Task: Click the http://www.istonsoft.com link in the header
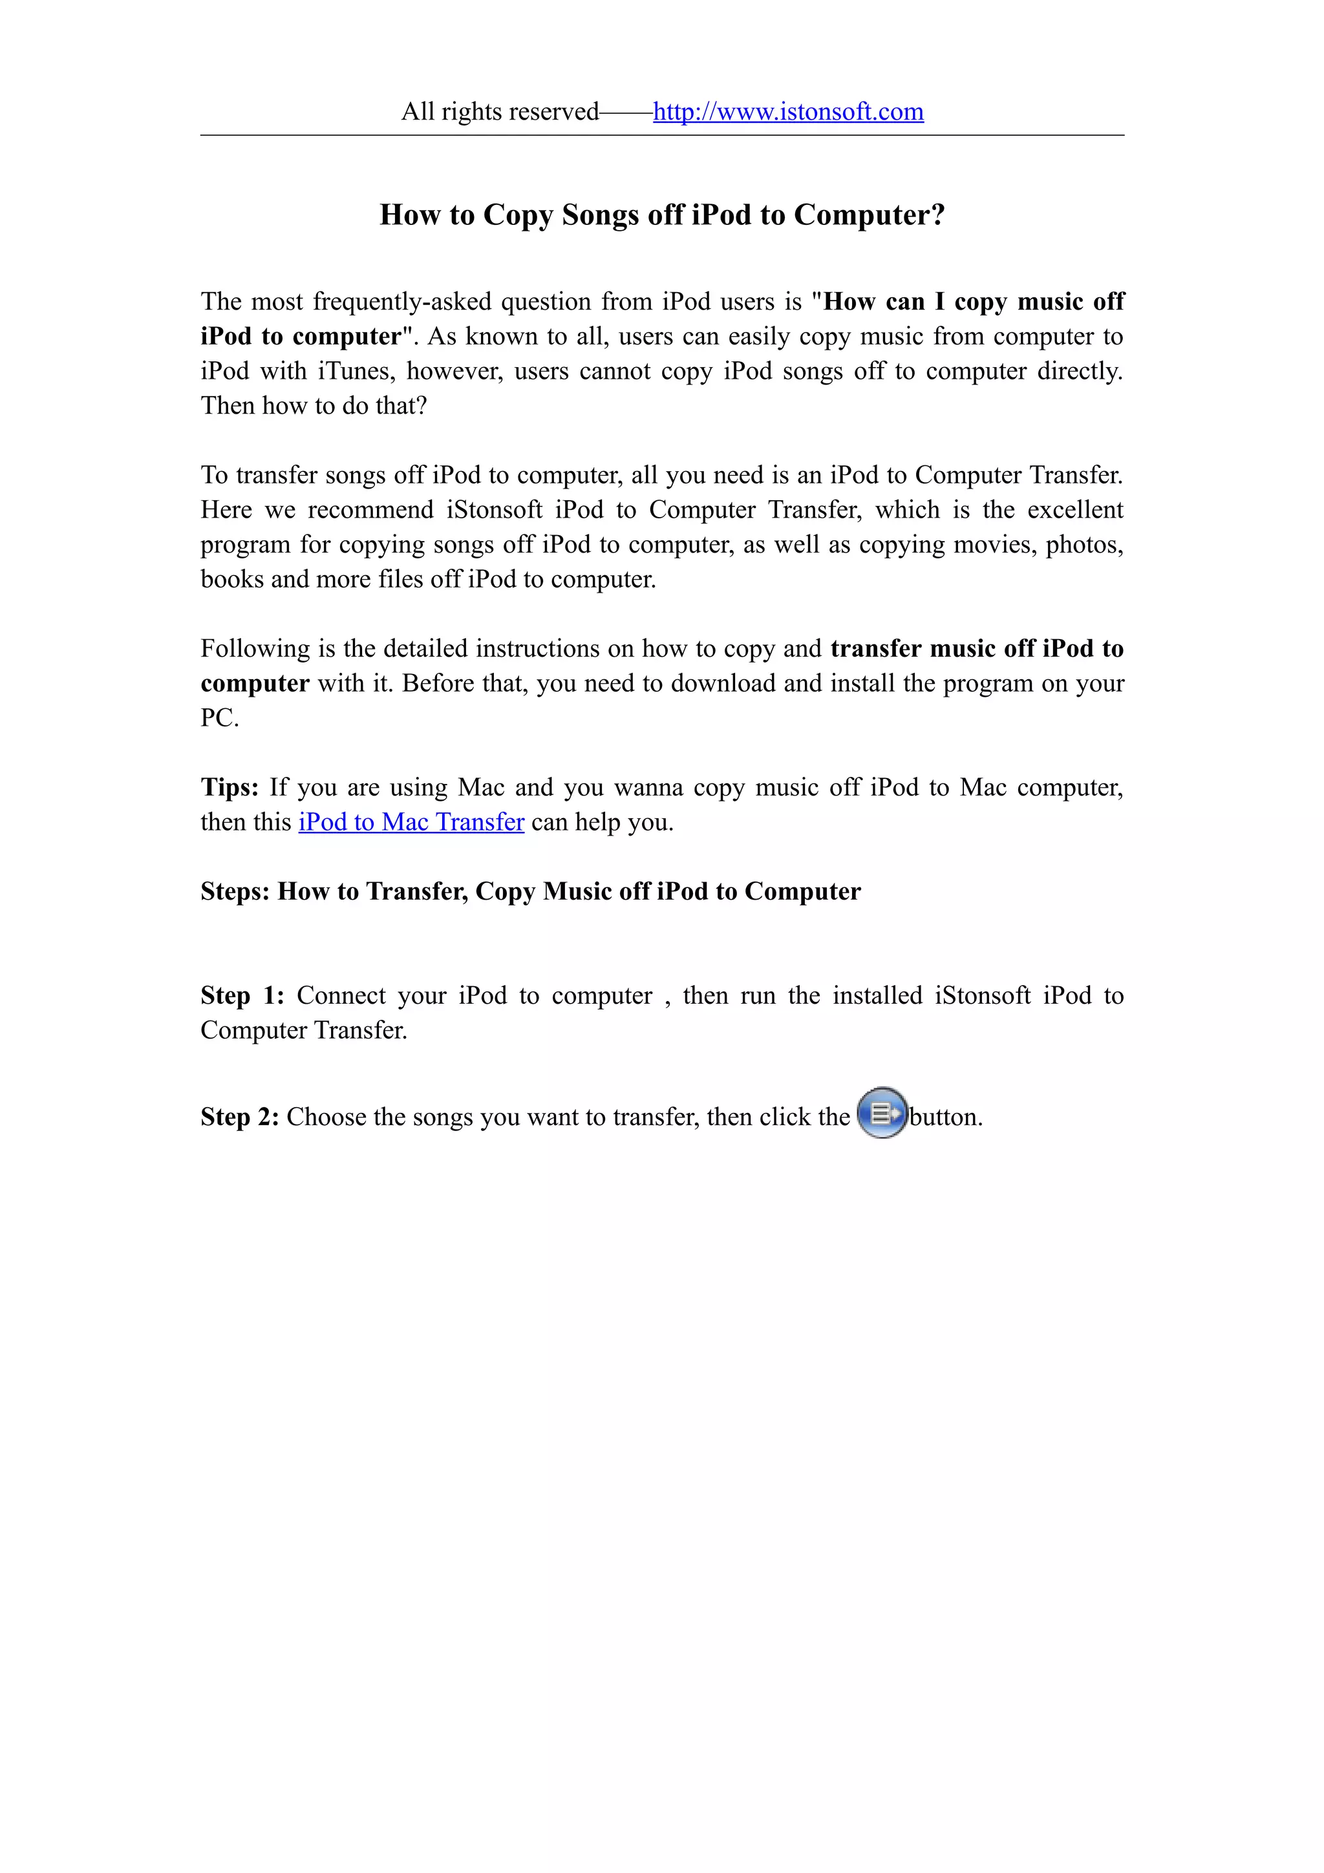click(788, 112)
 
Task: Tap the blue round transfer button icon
click(882, 1113)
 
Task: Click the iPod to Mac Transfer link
click(411, 822)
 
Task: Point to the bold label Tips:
click(230, 787)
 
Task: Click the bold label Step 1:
click(242, 995)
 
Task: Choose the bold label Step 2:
click(240, 1117)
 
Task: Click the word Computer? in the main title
click(869, 215)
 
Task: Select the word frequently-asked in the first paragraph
click(402, 302)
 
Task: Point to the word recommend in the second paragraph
click(370, 511)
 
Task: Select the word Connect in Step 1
click(341, 996)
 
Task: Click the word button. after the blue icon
click(946, 1117)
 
